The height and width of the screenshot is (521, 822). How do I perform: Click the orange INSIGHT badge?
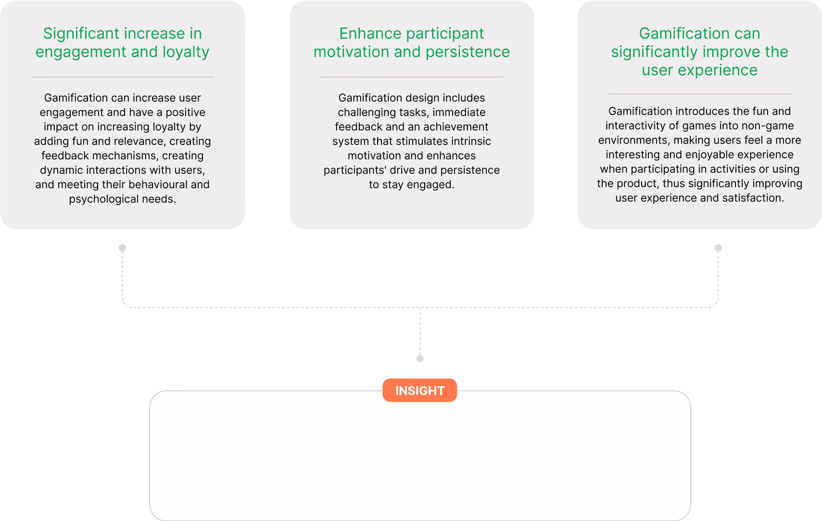[x=419, y=391]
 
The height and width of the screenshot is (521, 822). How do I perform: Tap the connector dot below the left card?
[x=122, y=248]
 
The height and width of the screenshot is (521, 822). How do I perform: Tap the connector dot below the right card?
[x=718, y=248]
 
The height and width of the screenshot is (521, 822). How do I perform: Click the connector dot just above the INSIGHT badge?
[x=420, y=359]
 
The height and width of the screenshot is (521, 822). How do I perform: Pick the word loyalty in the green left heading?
[x=186, y=52]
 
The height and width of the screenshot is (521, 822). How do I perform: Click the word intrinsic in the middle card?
[x=470, y=142]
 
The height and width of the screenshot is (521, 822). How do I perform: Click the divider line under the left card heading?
[x=122, y=77]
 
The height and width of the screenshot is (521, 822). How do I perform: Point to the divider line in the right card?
[x=699, y=94]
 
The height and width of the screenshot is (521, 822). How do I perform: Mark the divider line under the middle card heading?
[x=411, y=77]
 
